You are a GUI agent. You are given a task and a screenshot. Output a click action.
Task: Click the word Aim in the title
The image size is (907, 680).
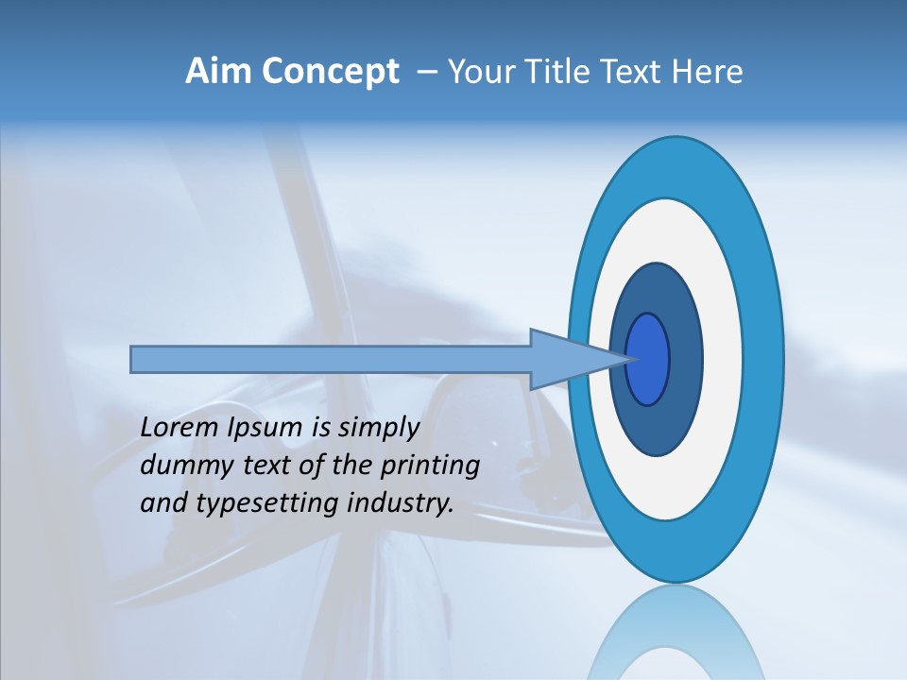(219, 72)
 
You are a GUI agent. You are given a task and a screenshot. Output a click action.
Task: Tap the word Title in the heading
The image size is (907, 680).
(556, 72)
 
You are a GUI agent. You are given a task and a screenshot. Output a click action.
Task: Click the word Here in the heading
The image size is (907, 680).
(709, 72)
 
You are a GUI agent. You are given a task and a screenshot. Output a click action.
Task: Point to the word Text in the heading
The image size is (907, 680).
(634, 72)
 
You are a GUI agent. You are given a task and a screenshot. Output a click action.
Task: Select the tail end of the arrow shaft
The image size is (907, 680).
(137, 359)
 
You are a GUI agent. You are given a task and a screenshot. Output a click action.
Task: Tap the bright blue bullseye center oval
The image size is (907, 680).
(648, 359)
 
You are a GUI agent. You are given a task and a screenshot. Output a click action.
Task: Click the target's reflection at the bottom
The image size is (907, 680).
(675, 637)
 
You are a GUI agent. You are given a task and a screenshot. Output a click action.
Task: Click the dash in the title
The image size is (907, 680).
(425, 73)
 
